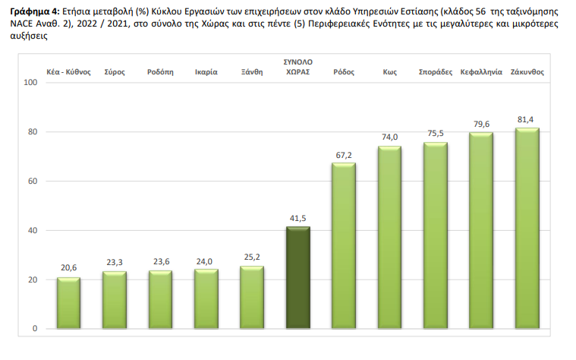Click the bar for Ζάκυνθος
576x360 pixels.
tap(527, 228)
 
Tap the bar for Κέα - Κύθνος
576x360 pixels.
tap(69, 303)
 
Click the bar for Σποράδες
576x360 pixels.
tap(436, 235)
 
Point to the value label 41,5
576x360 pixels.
tap(297, 218)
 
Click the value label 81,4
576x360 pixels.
tap(527, 120)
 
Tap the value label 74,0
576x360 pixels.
tap(390, 137)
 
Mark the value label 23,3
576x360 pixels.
tap(115, 262)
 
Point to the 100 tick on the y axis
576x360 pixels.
tap(31, 82)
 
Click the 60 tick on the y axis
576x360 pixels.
tap(33, 181)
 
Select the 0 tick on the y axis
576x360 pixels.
tap(36, 328)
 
